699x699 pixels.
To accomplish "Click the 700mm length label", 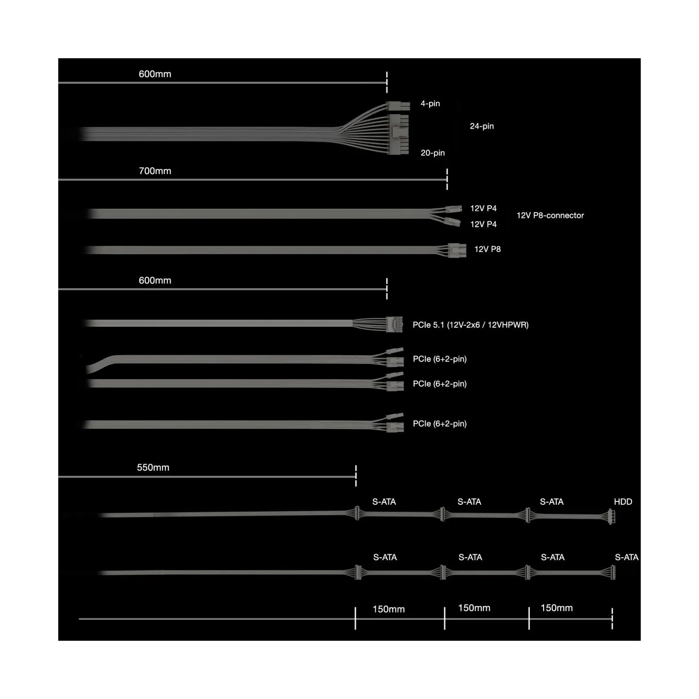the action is click(155, 171).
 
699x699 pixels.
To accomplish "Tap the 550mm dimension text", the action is click(153, 467).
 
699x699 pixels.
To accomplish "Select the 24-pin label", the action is click(482, 126).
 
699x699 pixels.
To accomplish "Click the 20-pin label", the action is click(433, 153).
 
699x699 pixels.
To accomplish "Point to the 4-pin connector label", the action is click(430, 104).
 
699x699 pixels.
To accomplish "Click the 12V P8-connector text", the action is click(550, 216).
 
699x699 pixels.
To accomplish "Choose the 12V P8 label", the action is click(487, 249).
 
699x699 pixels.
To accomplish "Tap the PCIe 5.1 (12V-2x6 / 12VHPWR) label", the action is click(470, 325).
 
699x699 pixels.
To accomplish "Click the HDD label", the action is click(623, 501).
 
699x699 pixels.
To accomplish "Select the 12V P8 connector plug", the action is click(457, 250).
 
